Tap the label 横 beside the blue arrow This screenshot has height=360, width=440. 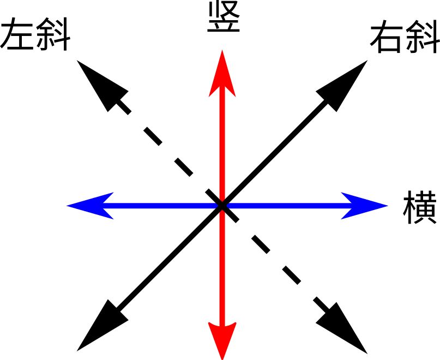tap(420, 207)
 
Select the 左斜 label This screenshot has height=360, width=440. tap(35, 34)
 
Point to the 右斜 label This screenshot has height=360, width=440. tap(405, 37)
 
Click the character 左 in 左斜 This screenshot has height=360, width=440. tap(17, 34)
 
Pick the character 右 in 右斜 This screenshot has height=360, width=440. tap(387, 37)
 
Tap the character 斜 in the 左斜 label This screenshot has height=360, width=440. tap(53, 34)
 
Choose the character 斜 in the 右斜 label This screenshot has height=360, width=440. tap(422, 37)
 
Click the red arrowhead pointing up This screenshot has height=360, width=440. tap(222, 74)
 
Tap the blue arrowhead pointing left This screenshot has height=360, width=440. tap(91, 206)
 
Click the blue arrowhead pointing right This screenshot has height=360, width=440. tap(364, 206)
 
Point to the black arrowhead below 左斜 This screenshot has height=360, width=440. tap(103, 86)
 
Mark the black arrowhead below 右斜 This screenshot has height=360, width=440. tap(342, 86)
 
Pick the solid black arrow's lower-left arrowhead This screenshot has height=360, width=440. tap(103, 325)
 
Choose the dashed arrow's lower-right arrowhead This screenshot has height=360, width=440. tap(342, 327)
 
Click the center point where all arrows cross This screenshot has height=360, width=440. tap(222, 206)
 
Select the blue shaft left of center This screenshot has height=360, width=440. tap(161, 206)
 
